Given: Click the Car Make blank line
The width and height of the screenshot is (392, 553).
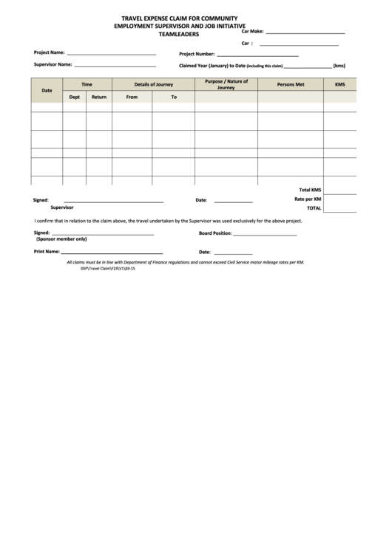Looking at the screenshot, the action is pos(305,34).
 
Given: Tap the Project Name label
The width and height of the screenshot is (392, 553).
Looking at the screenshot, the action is pos(50,53).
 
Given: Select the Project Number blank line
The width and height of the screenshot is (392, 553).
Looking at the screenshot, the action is pos(257,55).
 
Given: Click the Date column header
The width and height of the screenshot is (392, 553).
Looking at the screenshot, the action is pos(47,90).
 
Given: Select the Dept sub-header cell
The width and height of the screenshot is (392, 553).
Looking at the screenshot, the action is pos(74,97).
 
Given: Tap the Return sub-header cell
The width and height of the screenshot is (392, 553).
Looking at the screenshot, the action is pos(98,97).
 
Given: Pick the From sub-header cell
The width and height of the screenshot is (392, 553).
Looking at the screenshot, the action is pos(132,97).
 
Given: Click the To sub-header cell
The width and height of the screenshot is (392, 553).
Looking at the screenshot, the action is pos(174,97).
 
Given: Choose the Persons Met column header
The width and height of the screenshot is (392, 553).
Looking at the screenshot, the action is pos(290,84).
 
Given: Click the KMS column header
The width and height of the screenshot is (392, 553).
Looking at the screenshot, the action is pos(339,84).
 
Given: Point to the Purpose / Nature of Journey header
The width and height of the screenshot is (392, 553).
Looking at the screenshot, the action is pos(226,84).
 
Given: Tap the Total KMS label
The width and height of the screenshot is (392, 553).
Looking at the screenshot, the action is pos(310,190).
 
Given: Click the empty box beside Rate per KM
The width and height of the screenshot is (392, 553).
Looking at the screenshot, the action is pos(340,199).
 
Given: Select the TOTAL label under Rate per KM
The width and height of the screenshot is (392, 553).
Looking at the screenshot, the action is pos(314,208).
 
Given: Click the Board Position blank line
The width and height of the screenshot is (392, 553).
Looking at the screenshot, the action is pos(265,234).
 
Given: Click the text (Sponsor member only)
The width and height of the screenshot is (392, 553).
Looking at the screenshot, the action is pos(61,239).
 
